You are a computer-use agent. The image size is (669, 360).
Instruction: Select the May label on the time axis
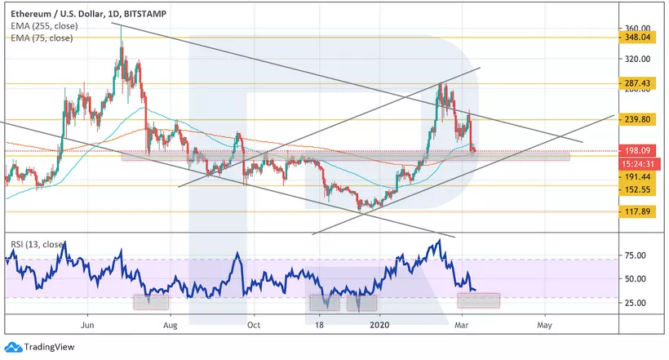pyautogui.click(x=545, y=325)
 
